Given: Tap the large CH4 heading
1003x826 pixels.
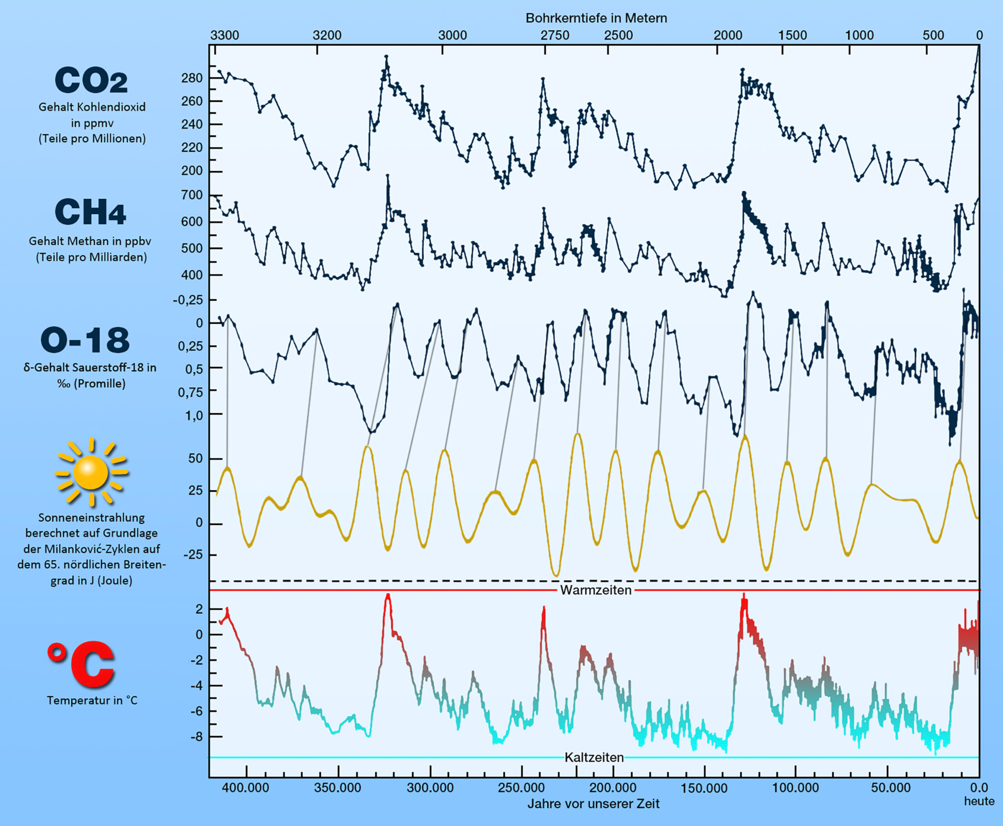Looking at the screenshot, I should click(91, 212).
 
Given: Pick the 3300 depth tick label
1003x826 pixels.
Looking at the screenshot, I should click(224, 35).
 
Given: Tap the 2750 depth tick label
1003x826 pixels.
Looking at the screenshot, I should click(555, 35).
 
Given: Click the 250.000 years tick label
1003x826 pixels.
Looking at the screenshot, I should click(521, 788).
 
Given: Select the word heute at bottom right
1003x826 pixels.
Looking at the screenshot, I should click(979, 801).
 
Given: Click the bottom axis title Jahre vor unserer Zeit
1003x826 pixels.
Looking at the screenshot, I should click(593, 804).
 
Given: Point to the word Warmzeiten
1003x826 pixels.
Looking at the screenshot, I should click(596, 590).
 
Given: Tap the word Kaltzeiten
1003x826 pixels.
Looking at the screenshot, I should click(594, 757).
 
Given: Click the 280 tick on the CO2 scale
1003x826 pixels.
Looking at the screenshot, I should click(192, 78).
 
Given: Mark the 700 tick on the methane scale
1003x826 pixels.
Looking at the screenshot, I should click(192, 195).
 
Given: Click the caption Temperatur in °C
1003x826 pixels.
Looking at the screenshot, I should click(92, 700).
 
